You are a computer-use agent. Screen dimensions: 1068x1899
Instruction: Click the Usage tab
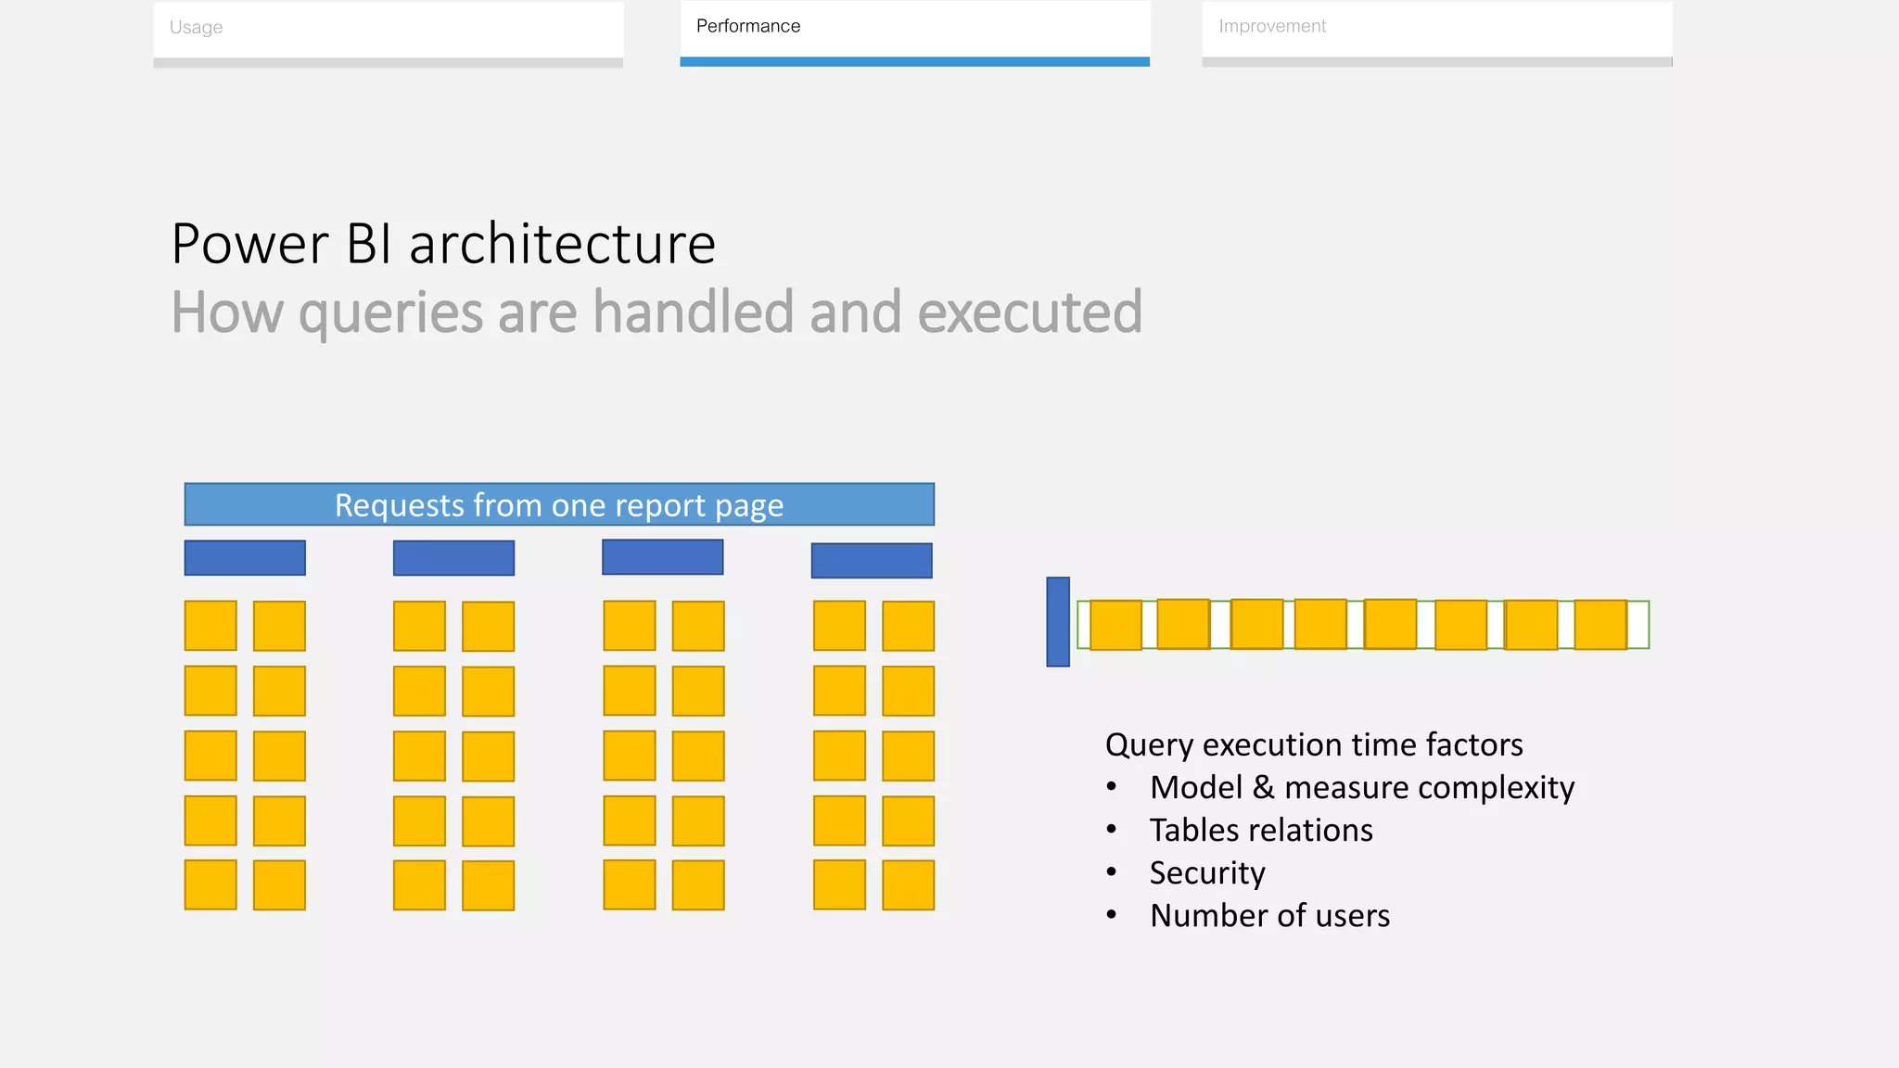[x=388, y=28]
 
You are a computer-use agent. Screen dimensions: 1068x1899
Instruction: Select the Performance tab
[x=914, y=27]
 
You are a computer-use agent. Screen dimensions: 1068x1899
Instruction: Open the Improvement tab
[x=1436, y=27]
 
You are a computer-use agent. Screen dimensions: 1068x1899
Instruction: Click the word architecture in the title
[x=562, y=245]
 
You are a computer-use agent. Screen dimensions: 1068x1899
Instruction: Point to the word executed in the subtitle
[x=1029, y=312]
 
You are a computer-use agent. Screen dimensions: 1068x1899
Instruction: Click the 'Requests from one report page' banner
[x=559, y=505]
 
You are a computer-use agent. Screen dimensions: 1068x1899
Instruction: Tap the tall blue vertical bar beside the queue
[x=1058, y=622]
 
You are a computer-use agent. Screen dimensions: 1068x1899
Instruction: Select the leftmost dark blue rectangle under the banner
[x=245, y=558]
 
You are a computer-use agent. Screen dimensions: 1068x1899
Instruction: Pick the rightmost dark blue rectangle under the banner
[x=872, y=561]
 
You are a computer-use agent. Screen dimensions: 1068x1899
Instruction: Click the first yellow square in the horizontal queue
[x=1115, y=625]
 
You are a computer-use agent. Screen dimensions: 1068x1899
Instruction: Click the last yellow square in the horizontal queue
[x=1600, y=625]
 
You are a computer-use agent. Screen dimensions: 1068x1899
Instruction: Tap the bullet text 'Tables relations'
[x=1260, y=831]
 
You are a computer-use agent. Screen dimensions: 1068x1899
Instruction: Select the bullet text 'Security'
[x=1207, y=873]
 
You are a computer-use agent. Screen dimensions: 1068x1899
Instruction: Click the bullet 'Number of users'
[x=1269, y=916]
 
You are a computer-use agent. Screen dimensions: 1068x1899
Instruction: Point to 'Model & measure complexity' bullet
[x=1361, y=788]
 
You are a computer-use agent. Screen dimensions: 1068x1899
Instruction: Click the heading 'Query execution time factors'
[x=1314, y=745]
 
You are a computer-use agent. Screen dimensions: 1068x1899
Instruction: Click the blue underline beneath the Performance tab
[x=914, y=62]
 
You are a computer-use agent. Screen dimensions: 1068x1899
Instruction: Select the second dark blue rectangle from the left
[x=453, y=558]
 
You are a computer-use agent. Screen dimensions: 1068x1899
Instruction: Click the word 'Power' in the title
[x=250, y=245]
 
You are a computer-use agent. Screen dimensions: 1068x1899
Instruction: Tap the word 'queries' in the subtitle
[x=390, y=313]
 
